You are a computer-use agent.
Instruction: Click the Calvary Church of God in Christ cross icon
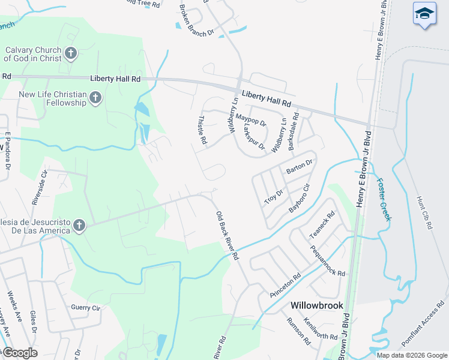coord(70,54)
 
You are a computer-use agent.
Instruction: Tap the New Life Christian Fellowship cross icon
coord(95,98)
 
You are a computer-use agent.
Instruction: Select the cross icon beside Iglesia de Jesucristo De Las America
coord(79,226)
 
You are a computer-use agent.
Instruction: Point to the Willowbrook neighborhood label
coord(317,305)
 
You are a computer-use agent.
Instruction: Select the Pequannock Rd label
coord(328,260)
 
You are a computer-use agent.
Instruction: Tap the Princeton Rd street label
coord(286,287)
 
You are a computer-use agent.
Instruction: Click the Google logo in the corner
coord(19,353)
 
